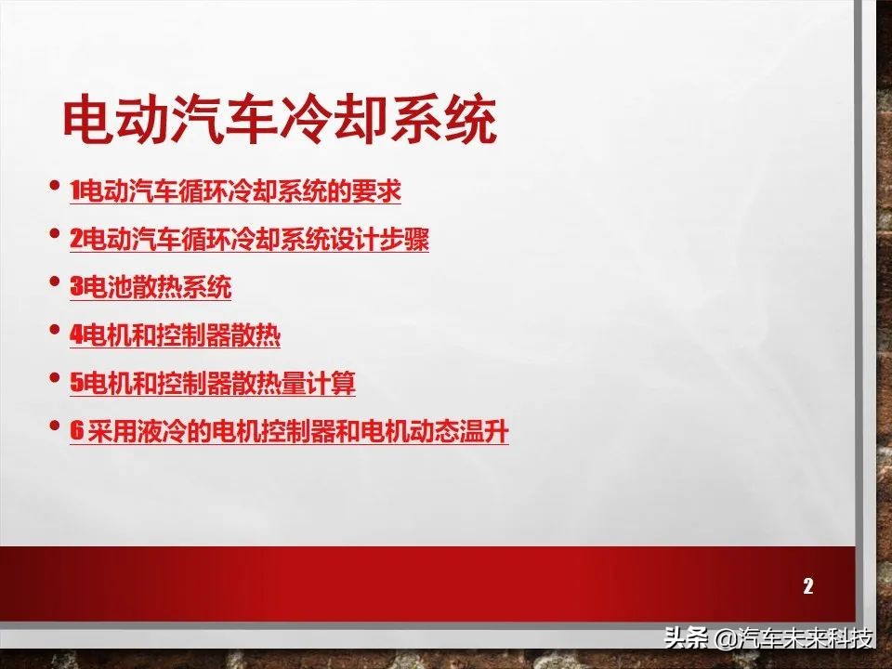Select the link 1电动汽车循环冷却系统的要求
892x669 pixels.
(235, 192)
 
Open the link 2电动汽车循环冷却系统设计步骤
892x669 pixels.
(249, 240)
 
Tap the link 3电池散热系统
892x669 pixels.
(151, 288)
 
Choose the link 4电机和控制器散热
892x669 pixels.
(175, 335)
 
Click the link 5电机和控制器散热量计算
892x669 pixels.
(212, 383)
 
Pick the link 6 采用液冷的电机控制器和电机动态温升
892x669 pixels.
(289, 432)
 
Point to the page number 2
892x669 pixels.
(807, 585)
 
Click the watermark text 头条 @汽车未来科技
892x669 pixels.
(768, 638)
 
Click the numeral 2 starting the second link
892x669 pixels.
(75, 240)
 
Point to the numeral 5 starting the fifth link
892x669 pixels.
(75, 383)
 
